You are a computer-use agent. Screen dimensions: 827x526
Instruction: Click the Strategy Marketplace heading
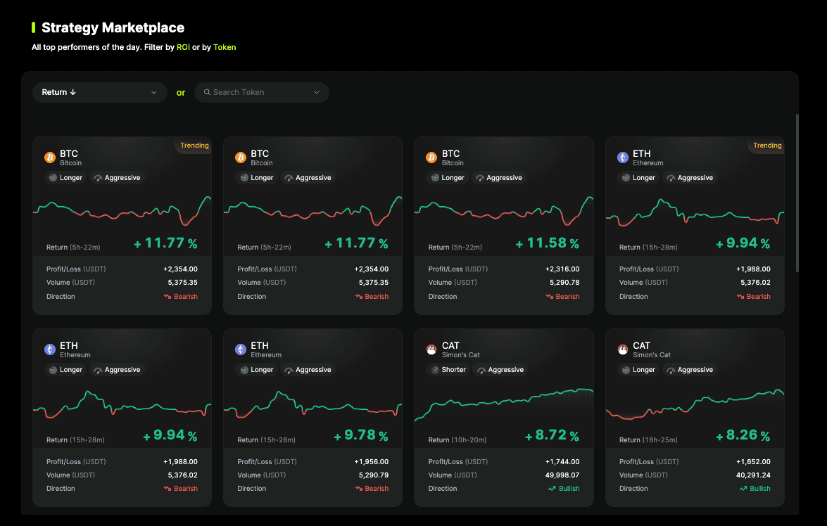click(113, 27)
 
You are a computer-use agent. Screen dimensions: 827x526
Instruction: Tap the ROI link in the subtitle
click(183, 47)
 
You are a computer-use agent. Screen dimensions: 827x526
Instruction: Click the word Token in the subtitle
click(225, 47)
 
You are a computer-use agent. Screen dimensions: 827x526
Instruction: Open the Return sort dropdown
click(100, 92)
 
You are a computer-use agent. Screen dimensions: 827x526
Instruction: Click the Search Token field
click(262, 92)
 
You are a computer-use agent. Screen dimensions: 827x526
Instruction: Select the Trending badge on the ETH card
click(767, 146)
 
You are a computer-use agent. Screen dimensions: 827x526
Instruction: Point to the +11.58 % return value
click(547, 243)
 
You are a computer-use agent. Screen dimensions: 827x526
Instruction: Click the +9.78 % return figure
click(361, 435)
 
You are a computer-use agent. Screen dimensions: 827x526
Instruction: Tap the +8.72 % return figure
click(552, 435)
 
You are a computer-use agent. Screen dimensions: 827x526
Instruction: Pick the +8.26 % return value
click(743, 435)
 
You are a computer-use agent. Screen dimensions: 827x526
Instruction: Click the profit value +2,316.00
click(562, 269)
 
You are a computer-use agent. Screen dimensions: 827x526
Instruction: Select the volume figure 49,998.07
click(562, 475)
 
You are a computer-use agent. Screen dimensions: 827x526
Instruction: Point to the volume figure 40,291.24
click(753, 475)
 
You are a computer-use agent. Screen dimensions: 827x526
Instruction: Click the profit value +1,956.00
click(372, 462)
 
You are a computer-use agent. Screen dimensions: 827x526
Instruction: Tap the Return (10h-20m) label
click(457, 440)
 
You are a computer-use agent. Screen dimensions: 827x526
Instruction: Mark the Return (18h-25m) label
click(648, 440)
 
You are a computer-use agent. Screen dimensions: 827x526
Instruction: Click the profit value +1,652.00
click(753, 462)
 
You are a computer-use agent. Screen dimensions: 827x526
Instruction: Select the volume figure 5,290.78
click(564, 283)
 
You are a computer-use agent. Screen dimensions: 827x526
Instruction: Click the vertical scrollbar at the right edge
click(797, 193)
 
